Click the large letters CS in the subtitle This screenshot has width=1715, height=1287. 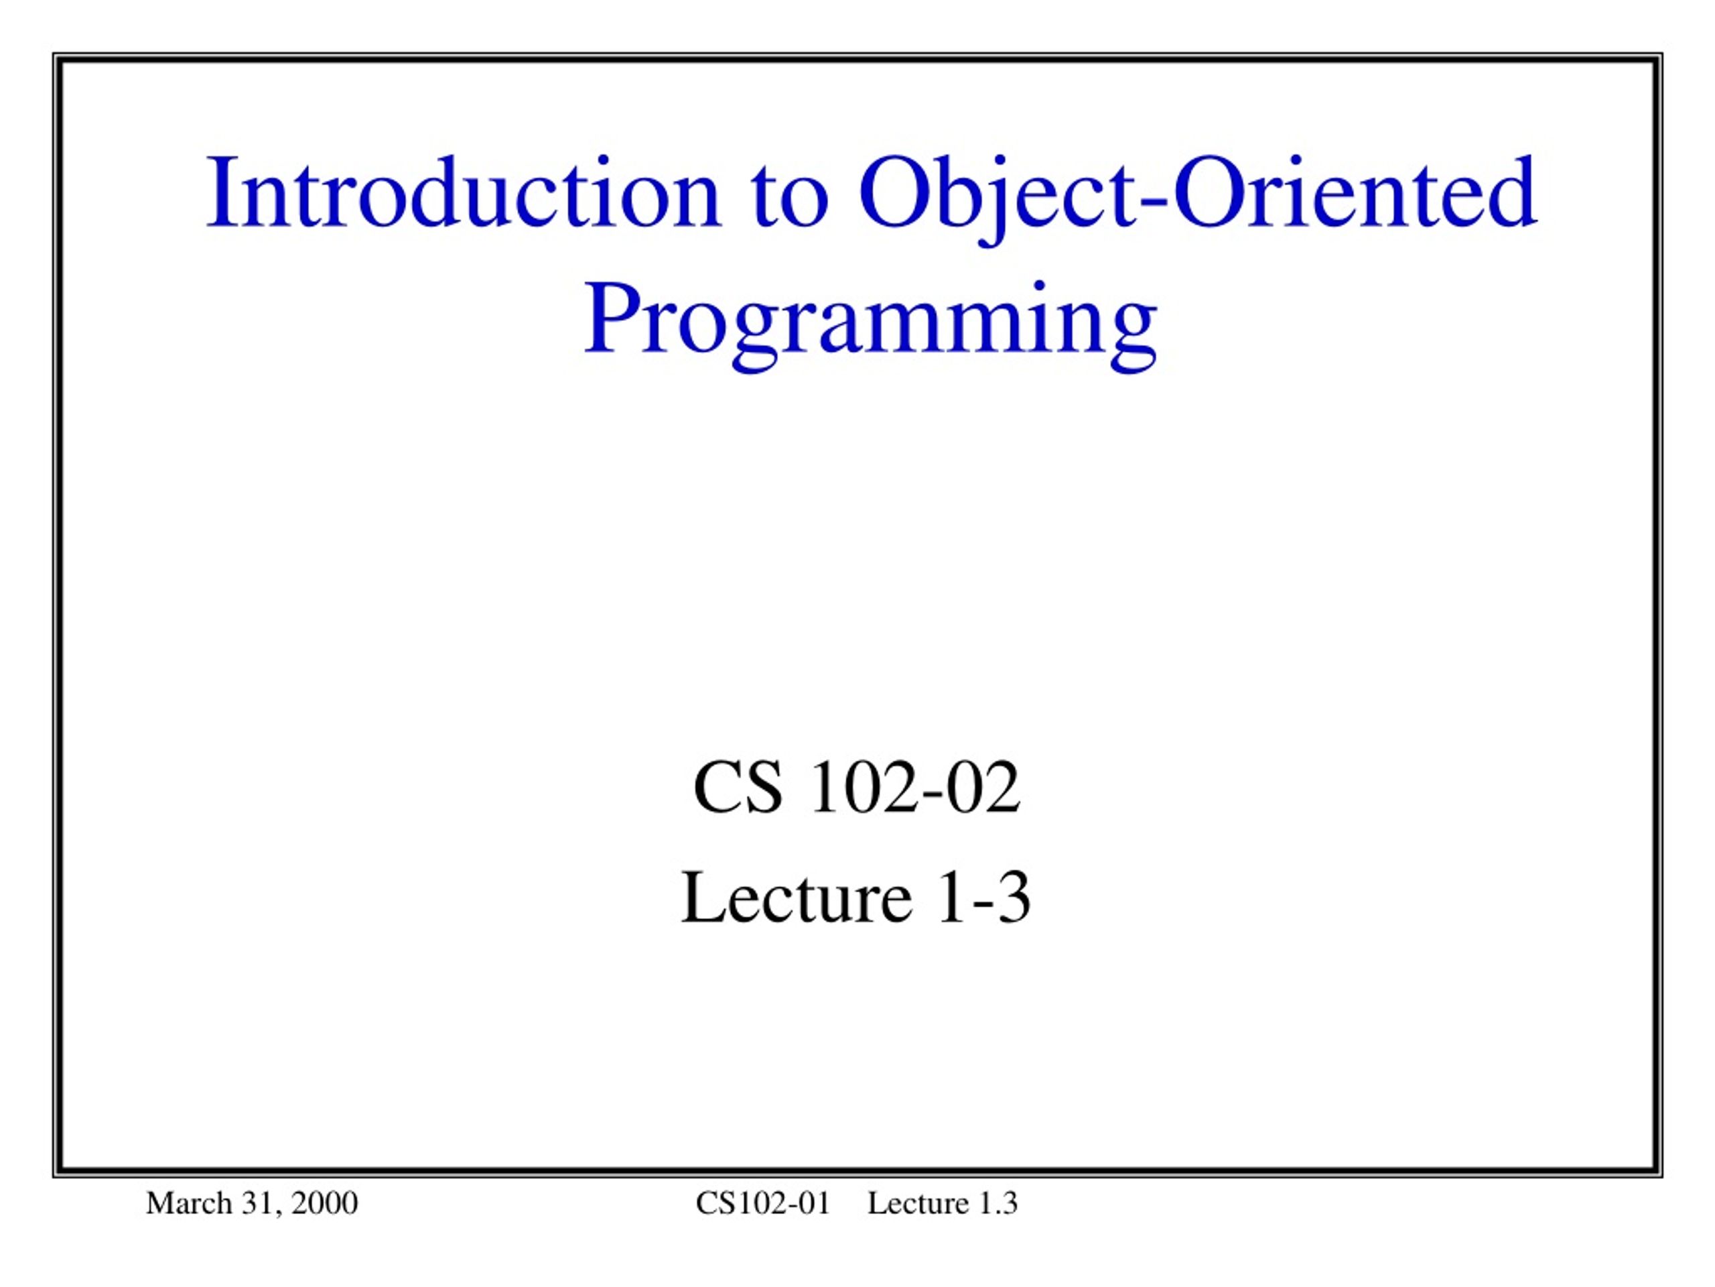point(738,788)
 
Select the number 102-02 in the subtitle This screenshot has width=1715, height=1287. point(915,788)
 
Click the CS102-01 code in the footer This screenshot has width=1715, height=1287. point(763,1203)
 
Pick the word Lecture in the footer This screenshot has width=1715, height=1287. point(918,1203)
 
